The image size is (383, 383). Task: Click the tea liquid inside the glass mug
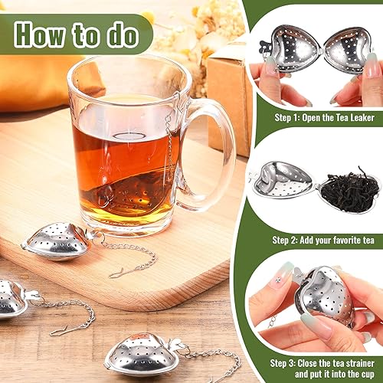coord(123,162)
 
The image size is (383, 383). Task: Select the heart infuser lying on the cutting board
coord(57,241)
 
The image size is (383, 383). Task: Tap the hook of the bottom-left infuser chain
coord(57,330)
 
